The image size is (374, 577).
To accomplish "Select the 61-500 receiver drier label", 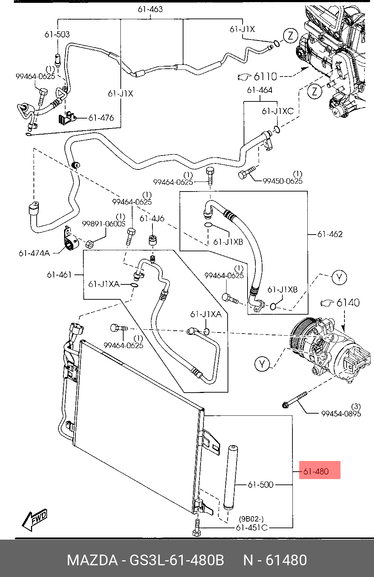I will pyautogui.click(x=260, y=484).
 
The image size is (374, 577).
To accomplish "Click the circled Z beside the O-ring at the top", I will pyautogui.click(x=290, y=36).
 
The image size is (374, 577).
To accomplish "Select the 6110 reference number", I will pyautogui.click(x=265, y=76).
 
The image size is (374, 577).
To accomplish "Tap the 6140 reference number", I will pyautogui.click(x=348, y=303).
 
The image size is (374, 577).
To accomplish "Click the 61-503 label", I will pyautogui.click(x=57, y=35).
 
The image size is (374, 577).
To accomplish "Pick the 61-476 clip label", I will pyautogui.click(x=101, y=117).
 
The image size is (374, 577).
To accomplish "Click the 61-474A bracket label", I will pyautogui.click(x=34, y=253).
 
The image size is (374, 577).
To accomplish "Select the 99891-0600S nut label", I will pyautogui.click(x=104, y=224).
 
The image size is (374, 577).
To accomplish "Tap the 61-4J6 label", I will pyautogui.click(x=152, y=219).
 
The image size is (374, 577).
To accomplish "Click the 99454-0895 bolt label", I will pyautogui.click(x=341, y=413).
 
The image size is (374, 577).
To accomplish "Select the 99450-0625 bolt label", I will pyautogui.click(x=282, y=181).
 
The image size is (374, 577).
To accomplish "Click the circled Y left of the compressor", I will pyautogui.click(x=262, y=364).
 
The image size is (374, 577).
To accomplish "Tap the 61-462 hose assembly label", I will pyautogui.click(x=330, y=234).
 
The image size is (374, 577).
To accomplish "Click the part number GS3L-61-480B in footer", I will pyautogui.click(x=177, y=560).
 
